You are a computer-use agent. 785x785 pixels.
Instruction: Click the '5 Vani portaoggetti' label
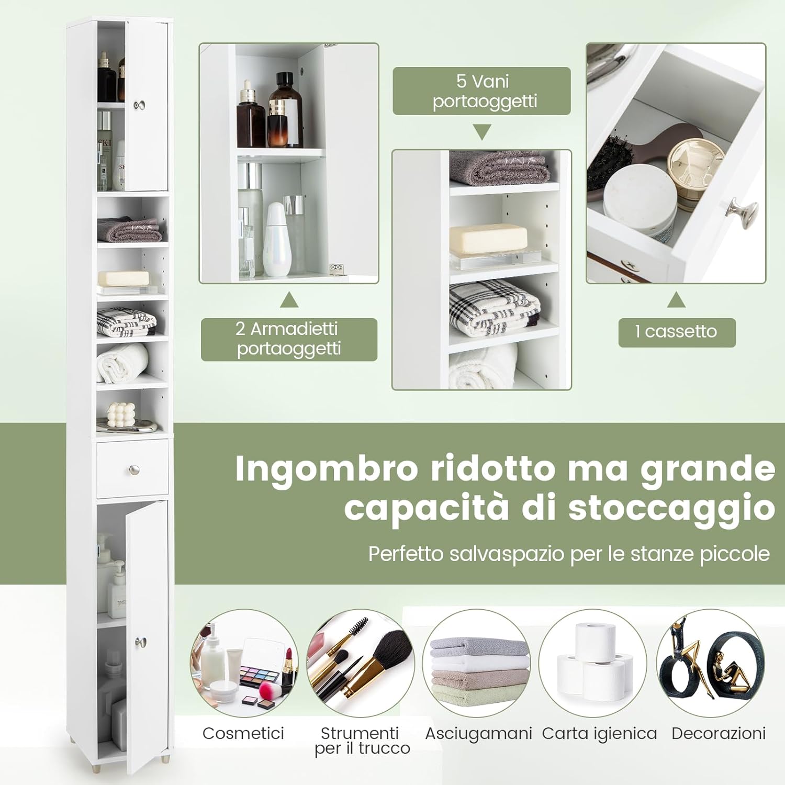[481, 91]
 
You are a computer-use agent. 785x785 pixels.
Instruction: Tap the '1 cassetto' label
[677, 332]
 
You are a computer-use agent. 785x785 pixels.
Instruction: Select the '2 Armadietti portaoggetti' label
[289, 339]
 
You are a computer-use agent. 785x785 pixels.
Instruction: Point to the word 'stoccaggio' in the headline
[671, 508]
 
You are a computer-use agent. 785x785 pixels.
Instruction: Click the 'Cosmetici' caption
[243, 733]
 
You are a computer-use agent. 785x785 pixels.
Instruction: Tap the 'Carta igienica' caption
[599, 733]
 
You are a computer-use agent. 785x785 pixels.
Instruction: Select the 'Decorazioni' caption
[718, 733]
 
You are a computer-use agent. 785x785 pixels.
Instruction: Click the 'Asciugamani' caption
[478, 733]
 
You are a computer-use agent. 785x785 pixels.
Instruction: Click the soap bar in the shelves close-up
[489, 239]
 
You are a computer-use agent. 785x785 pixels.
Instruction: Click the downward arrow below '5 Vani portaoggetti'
[482, 131]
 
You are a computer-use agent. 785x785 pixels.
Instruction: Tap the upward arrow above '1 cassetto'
[676, 300]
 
